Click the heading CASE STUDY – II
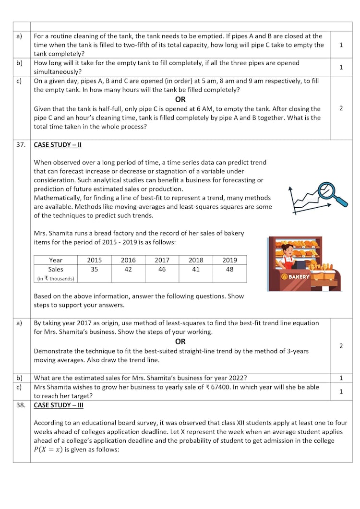pos(58,144)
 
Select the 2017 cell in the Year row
pos(162,260)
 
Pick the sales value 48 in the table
pos(229,270)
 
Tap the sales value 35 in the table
pos(94,270)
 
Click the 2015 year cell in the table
pos(94,260)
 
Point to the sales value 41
pos(196,270)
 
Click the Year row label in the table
pos(56,260)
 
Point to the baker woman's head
pos(287,250)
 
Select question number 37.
pos(21,144)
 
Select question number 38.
pos(21,405)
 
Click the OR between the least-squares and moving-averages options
pos(180,342)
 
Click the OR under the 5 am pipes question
pos(180,99)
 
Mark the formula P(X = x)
pos(48,450)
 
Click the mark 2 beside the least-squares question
pos(341,346)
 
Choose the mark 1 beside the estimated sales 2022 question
pos(341,378)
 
